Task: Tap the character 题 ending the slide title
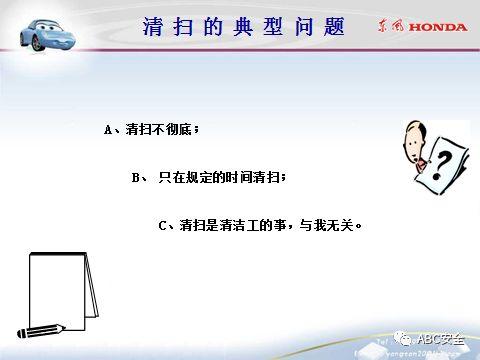333,27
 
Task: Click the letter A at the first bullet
108,130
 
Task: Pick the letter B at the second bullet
137,177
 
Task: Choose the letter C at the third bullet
163,225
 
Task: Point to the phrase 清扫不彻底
152,130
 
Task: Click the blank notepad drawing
60,285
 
